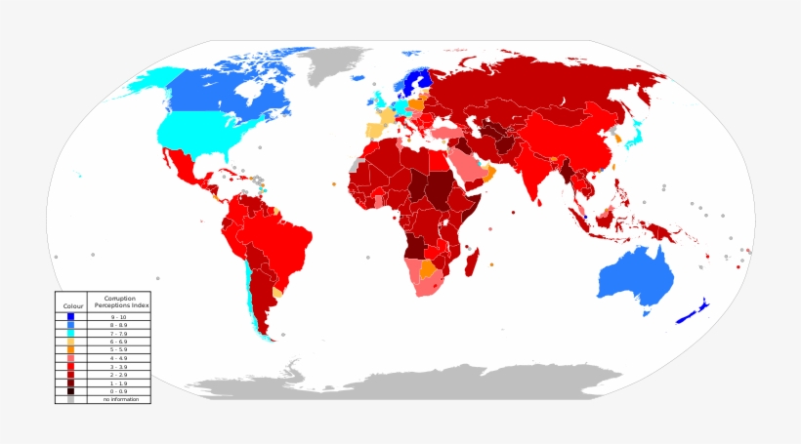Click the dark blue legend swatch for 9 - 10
[70, 316]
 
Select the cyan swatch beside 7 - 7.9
[70, 333]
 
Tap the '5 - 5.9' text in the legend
[118, 349]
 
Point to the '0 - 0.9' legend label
[118, 391]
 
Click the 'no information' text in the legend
[118, 399]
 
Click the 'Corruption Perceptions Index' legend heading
[118, 302]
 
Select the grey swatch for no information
[70, 399]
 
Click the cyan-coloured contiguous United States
[200, 132]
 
